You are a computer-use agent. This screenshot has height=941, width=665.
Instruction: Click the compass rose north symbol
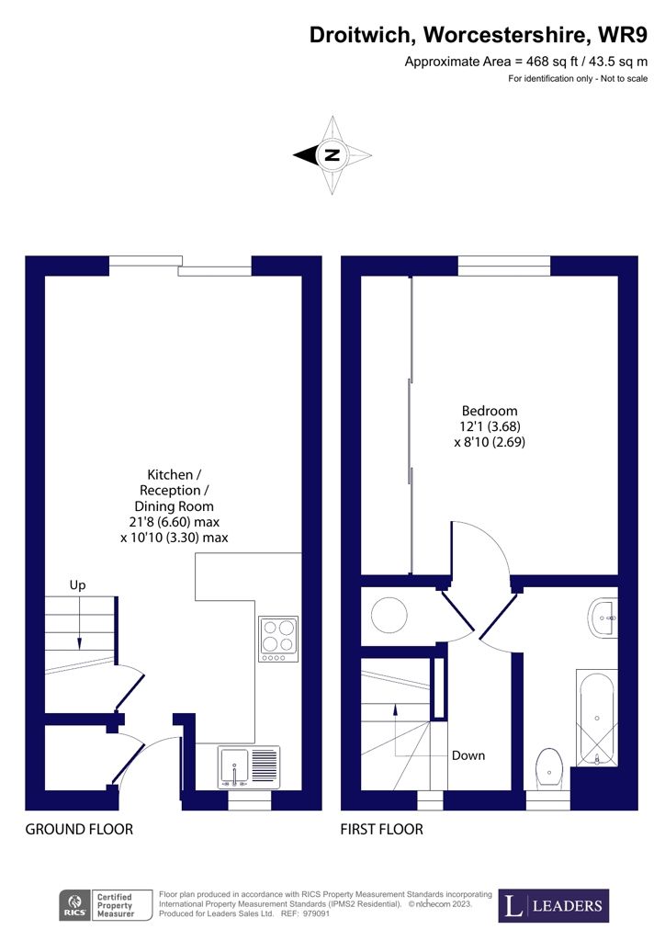(332, 155)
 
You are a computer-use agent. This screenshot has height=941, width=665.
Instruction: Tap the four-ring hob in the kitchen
(278, 639)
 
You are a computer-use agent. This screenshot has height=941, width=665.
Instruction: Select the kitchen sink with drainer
(249, 766)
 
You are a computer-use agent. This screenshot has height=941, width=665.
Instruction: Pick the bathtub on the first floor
(597, 718)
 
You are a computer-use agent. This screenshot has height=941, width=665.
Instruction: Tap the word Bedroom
(490, 411)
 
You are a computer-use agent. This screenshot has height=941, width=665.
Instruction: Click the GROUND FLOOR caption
(79, 830)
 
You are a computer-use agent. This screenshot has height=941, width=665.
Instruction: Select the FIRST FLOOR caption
(382, 830)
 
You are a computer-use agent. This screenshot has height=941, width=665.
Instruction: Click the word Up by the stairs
(79, 584)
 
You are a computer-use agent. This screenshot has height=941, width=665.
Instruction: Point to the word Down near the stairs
(468, 755)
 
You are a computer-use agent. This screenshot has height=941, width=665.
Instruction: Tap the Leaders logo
(554, 905)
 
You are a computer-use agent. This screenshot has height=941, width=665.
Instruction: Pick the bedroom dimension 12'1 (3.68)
(490, 426)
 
